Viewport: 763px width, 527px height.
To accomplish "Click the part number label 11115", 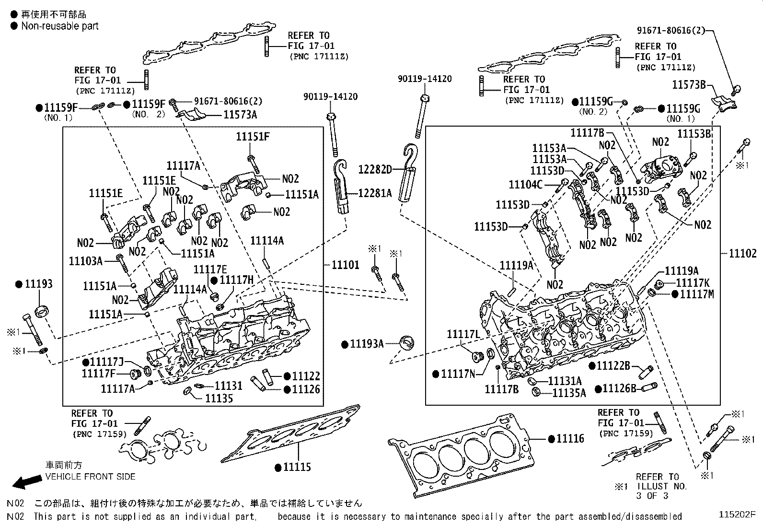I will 297,467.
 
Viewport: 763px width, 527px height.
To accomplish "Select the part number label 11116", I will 570,438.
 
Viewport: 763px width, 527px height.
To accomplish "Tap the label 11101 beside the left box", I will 345,265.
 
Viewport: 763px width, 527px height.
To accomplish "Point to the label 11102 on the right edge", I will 742,254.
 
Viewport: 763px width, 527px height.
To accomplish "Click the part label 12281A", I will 375,193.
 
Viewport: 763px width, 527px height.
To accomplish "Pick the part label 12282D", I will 375,169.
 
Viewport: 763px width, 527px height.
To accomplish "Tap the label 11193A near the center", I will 367,344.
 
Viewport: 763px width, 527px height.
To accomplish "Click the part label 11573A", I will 240,115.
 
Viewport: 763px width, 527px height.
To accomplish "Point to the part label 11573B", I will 689,85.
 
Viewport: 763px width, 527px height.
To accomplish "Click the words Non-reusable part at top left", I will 59,26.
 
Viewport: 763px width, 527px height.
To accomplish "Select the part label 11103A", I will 86,261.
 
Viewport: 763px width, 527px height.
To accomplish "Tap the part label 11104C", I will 525,184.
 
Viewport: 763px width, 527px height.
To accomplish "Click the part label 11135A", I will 569,393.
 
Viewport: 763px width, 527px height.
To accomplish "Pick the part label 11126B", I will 619,388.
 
